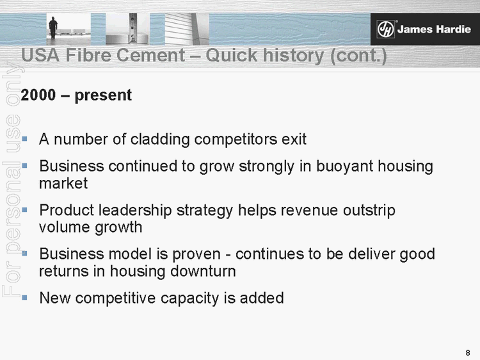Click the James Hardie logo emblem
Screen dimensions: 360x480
(x=385, y=29)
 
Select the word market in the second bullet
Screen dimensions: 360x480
(x=63, y=184)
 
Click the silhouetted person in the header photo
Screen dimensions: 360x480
(x=53, y=26)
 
